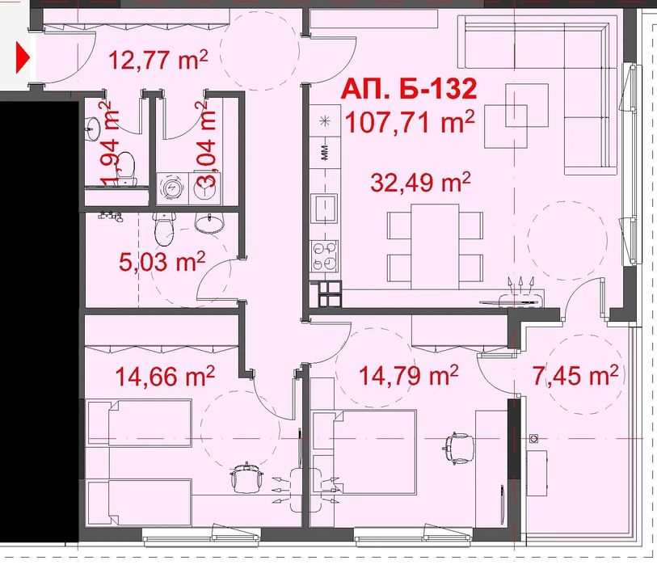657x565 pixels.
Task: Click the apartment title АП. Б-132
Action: pyautogui.click(x=409, y=89)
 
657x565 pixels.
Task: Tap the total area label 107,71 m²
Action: pyautogui.click(x=410, y=122)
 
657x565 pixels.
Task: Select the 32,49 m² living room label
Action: pyautogui.click(x=421, y=183)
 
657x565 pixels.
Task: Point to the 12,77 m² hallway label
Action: pyautogui.click(x=158, y=60)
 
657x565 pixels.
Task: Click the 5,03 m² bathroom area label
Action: pyautogui.click(x=162, y=262)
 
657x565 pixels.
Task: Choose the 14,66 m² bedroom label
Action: pyautogui.click(x=165, y=376)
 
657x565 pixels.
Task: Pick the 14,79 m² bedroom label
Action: pyautogui.click(x=409, y=375)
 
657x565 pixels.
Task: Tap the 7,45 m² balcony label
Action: pyautogui.click(x=575, y=375)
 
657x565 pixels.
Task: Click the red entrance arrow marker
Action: pyautogui.click(x=23, y=57)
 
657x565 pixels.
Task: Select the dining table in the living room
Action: pyautogui.click(x=435, y=247)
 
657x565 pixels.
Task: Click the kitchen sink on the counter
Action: pyautogui.click(x=324, y=209)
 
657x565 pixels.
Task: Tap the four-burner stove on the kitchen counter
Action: pyautogui.click(x=324, y=255)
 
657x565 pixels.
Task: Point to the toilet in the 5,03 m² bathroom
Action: pyautogui.click(x=164, y=230)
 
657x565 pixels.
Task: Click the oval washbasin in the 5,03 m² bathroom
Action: pyautogui.click(x=209, y=222)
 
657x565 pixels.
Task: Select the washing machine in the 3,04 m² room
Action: pyautogui.click(x=172, y=189)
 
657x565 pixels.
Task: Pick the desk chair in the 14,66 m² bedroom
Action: pyautogui.click(x=247, y=478)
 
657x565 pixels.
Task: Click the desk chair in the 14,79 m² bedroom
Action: pyautogui.click(x=459, y=448)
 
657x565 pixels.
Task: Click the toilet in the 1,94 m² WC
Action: pyautogui.click(x=125, y=168)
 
